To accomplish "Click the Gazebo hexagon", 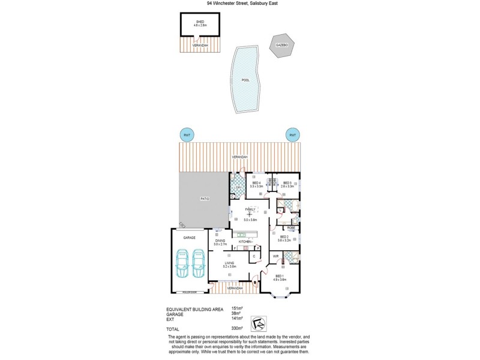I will click(281, 46).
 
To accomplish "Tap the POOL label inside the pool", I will click(245, 80).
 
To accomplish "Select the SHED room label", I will click(200, 23).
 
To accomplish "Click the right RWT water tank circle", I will click(293, 135).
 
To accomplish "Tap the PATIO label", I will click(205, 199).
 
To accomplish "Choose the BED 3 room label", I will click(287, 184).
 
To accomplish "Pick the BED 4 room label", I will click(256, 184).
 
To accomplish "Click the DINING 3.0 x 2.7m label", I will click(220, 242).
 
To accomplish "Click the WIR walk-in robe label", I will click(275, 256).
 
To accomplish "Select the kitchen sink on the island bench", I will click(242, 235).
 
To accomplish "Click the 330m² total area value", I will click(237, 328).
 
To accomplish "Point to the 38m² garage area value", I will click(236, 313).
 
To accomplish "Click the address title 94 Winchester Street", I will click(240, 3).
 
